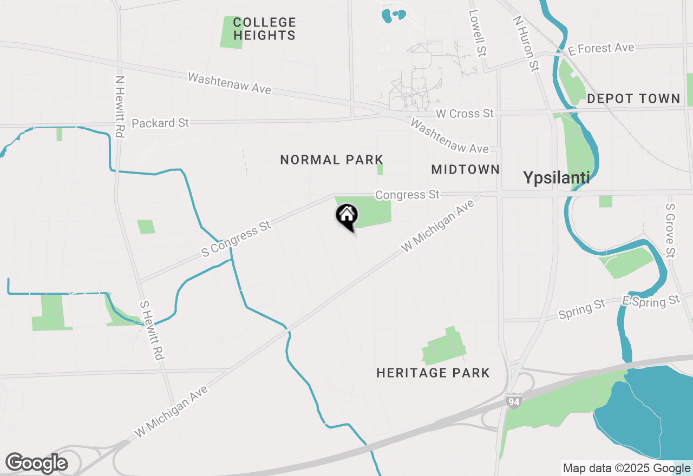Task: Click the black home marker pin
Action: (347, 217)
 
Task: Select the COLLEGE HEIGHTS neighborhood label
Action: (264, 29)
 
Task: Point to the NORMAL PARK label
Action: (332, 160)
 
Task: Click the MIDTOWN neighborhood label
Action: (466, 169)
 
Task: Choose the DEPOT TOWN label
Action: (633, 98)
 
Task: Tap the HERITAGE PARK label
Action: (433, 373)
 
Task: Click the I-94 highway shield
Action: (513, 401)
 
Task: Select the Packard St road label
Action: (160, 123)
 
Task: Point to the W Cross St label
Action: (465, 114)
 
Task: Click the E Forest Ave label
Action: (600, 49)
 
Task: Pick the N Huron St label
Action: (526, 43)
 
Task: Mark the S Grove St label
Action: (671, 230)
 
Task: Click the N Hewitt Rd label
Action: (120, 105)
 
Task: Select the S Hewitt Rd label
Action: (152, 330)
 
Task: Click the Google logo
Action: (36, 463)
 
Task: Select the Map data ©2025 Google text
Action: (626, 468)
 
